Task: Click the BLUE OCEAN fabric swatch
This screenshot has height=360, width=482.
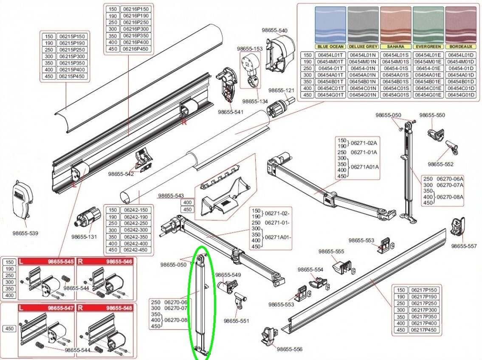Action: pyautogui.click(x=330, y=25)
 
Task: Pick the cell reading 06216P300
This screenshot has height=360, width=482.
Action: pyautogui.click(x=136, y=29)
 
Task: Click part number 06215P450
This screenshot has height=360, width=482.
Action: pyautogui.click(x=72, y=76)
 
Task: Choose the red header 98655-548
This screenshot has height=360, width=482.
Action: pyautogui.click(x=118, y=308)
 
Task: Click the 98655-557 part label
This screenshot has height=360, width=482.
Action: pyautogui.click(x=464, y=246)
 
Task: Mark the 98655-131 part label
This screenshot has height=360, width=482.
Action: pyautogui.click(x=84, y=237)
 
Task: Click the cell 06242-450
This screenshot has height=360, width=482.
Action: pyautogui.click(x=136, y=250)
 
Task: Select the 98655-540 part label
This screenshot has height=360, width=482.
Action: pyautogui.click(x=274, y=31)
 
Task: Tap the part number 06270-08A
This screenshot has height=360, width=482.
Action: pyautogui.click(x=450, y=197)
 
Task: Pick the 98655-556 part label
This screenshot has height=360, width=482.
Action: pyautogui.click(x=290, y=349)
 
